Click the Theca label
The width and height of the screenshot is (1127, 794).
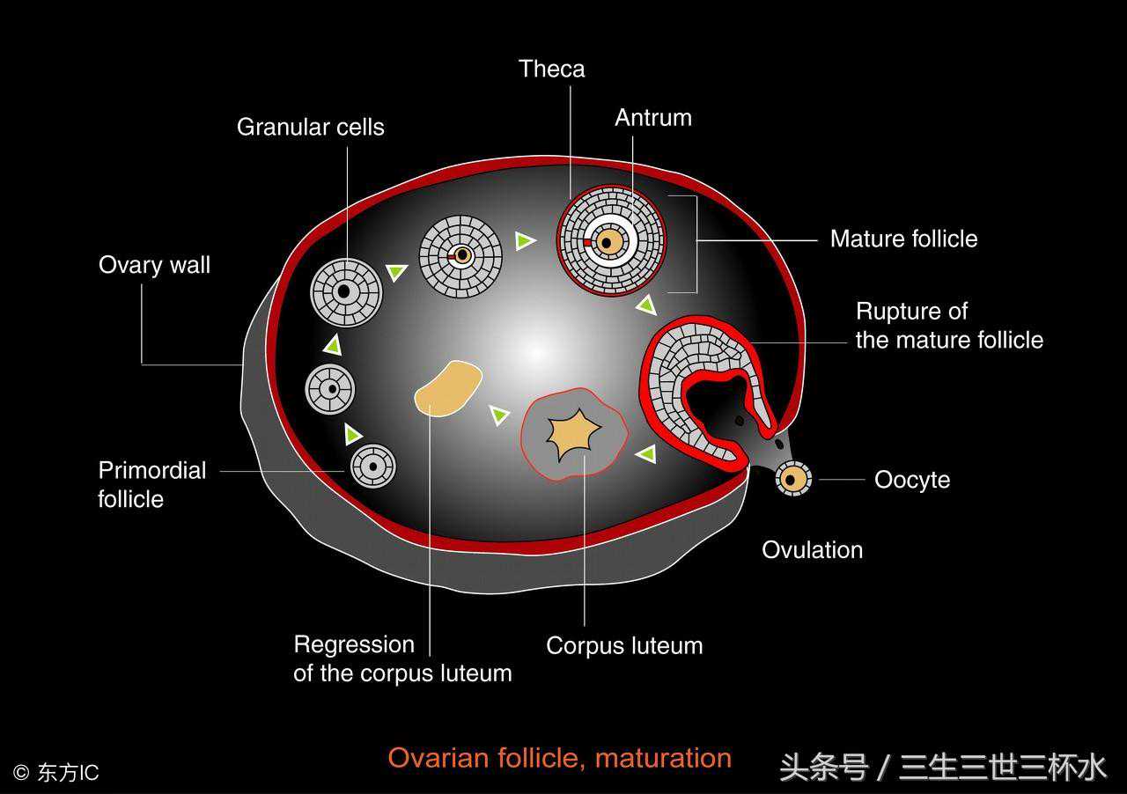[x=551, y=69]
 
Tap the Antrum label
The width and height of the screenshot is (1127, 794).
[x=652, y=118]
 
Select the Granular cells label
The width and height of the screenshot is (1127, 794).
[x=310, y=127]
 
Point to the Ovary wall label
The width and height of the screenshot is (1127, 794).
[x=154, y=265]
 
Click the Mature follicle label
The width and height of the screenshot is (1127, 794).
[x=903, y=239]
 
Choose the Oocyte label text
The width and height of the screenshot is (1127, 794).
[x=911, y=480]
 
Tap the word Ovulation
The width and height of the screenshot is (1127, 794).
[x=812, y=550]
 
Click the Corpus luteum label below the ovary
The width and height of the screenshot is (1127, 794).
[x=624, y=645]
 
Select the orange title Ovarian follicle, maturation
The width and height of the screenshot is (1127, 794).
[x=559, y=758]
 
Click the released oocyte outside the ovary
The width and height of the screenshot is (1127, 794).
[x=793, y=479]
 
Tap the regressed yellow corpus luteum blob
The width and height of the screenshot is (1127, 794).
[x=447, y=387]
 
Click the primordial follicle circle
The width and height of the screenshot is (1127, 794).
[x=373, y=466]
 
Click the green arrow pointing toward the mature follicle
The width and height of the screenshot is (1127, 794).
[x=525, y=240]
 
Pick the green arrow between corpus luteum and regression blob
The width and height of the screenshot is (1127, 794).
[x=499, y=414]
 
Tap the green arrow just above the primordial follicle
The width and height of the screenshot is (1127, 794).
[x=352, y=434]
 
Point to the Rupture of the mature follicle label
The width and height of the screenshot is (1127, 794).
[x=948, y=326]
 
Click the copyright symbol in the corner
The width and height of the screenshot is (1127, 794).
[x=21, y=773]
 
